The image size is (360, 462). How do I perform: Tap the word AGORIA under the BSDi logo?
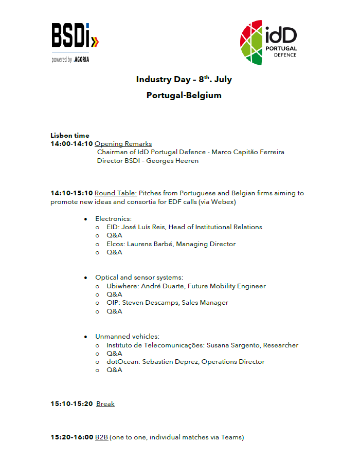pyautogui.click(x=82, y=60)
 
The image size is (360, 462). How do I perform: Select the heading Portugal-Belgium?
pyautogui.click(x=184, y=95)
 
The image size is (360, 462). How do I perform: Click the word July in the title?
pyautogui.click(x=223, y=80)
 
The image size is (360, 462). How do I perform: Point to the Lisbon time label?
pyautogui.click(x=70, y=136)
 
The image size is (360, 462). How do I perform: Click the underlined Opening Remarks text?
pyautogui.click(x=123, y=144)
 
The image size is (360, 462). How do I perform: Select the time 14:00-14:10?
pyautogui.click(x=71, y=144)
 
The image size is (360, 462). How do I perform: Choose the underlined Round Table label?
pyautogui.click(x=116, y=193)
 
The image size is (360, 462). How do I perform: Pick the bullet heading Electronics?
pyautogui.click(x=114, y=219)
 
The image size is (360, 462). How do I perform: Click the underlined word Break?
pyautogui.click(x=105, y=404)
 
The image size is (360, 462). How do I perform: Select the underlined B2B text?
pyautogui.click(x=101, y=437)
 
